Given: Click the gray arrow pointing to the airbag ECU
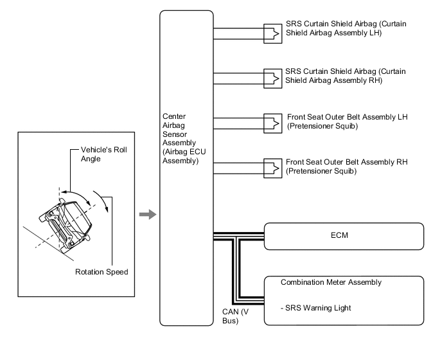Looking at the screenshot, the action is (x=148, y=215).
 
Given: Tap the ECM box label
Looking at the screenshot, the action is (x=339, y=235).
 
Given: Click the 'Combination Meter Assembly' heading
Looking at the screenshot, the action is (x=331, y=282).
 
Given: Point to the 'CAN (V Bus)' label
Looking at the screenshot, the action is (x=235, y=316).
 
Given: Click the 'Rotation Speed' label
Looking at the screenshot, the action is (x=102, y=272).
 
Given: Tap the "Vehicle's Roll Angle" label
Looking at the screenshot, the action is (x=103, y=154).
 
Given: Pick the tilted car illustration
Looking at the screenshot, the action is (x=66, y=224).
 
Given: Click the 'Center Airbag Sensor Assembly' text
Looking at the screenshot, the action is (x=184, y=138).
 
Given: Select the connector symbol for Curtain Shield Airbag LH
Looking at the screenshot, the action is (x=272, y=33).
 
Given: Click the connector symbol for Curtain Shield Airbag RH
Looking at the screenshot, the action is (x=272, y=78).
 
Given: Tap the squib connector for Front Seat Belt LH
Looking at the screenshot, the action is (x=272, y=123).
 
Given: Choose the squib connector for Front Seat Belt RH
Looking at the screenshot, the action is (x=272, y=168).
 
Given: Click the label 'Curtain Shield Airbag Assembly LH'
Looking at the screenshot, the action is (x=346, y=28).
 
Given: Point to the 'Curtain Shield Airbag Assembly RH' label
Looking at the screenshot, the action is (x=346, y=76).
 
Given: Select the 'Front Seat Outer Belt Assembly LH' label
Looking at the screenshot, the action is (x=348, y=122).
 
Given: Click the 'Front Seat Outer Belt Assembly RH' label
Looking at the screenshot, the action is (x=347, y=166).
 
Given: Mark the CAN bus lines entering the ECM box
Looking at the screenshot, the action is (x=239, y=237).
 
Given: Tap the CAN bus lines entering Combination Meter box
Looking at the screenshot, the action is (x=249, y=300).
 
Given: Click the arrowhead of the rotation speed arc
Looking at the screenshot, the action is (x=107, y=209).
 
